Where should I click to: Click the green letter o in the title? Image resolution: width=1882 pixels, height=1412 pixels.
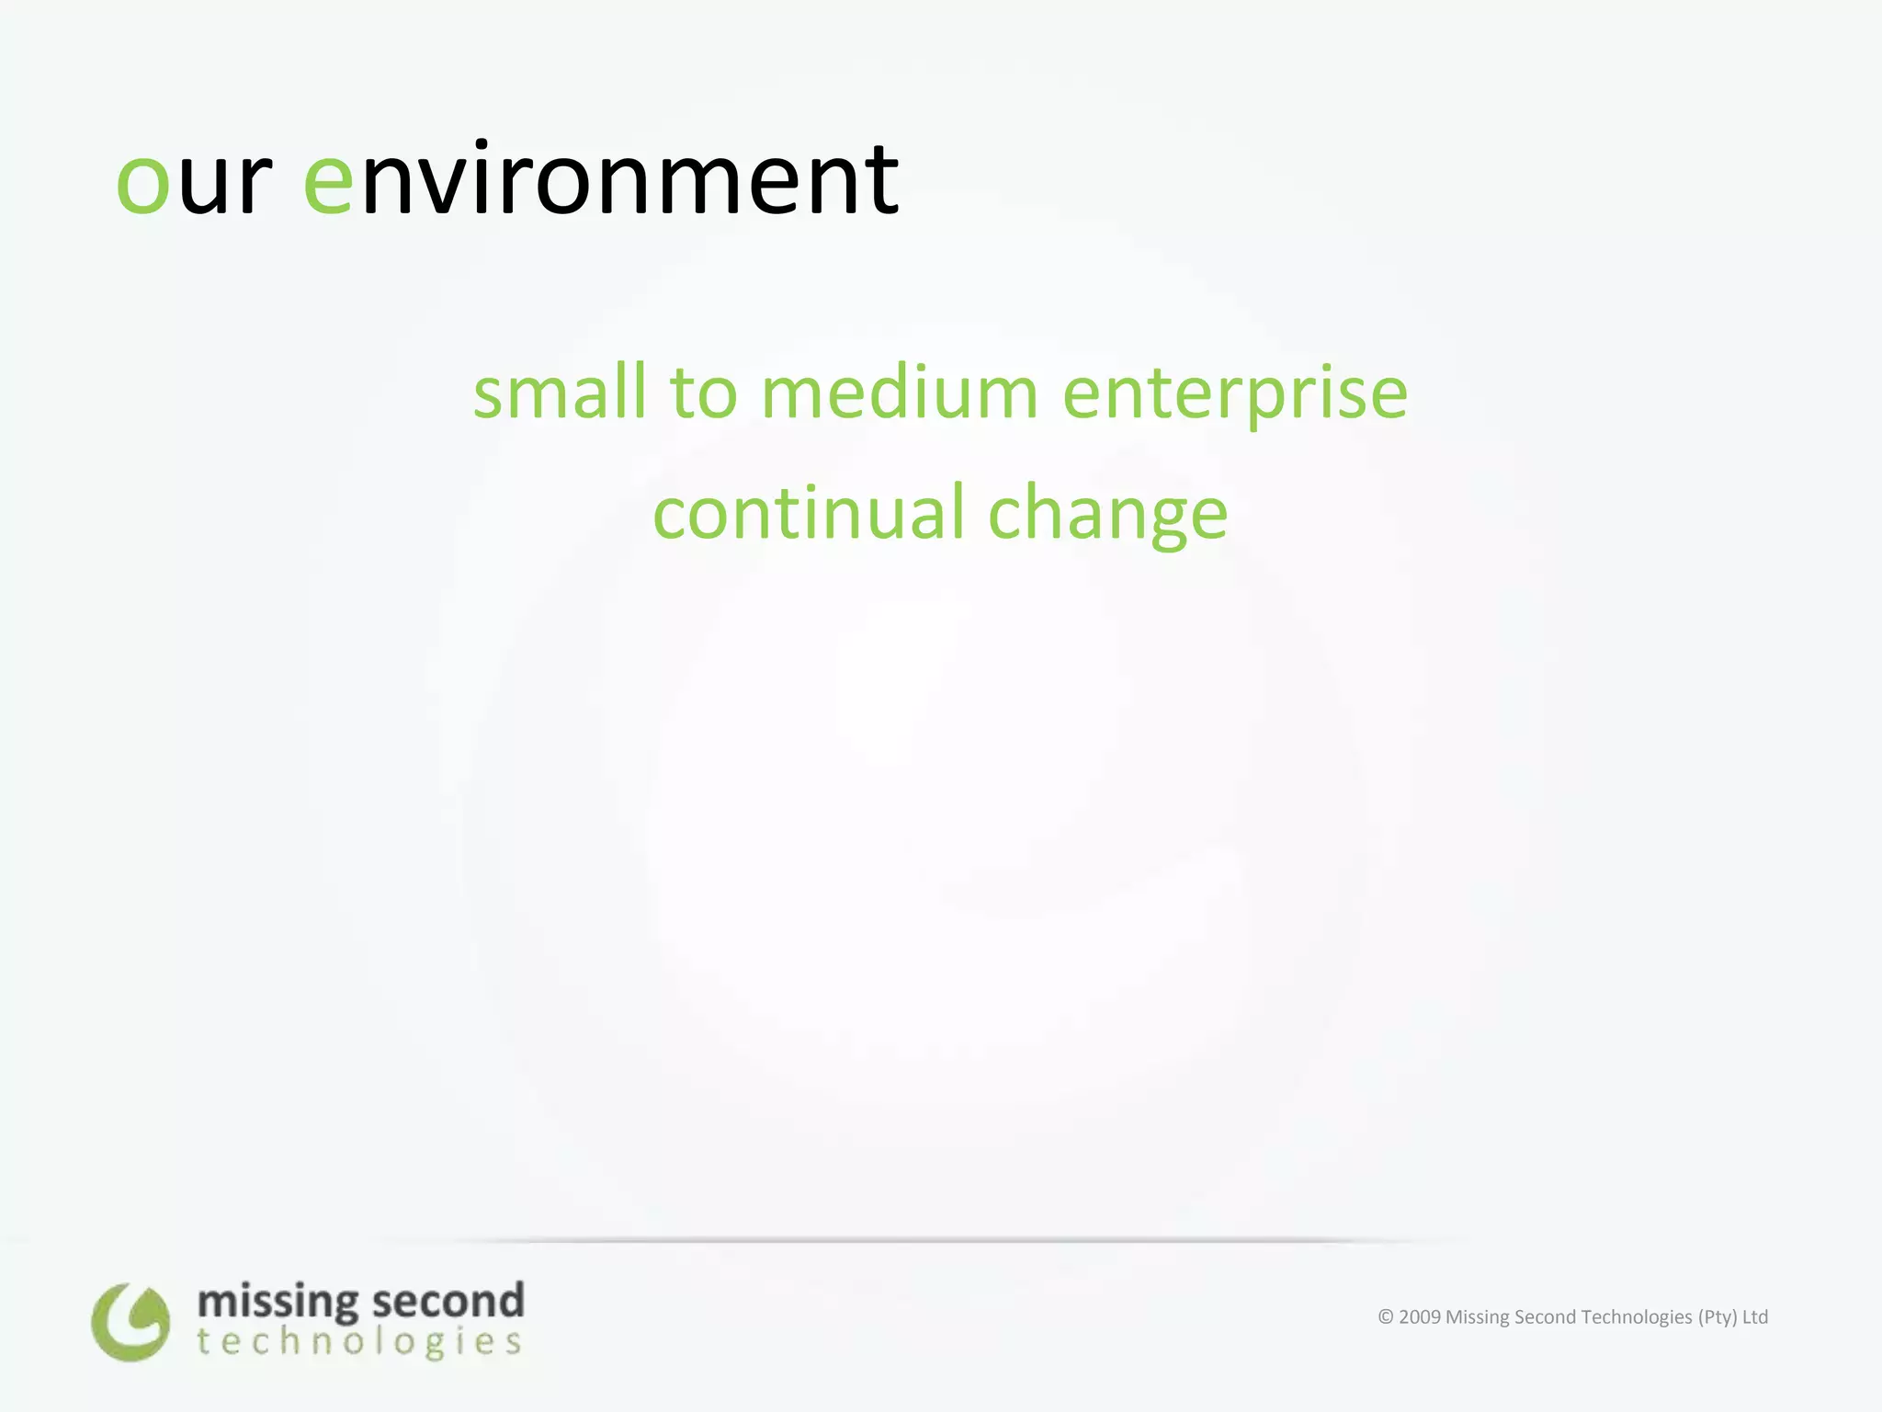(143, 183)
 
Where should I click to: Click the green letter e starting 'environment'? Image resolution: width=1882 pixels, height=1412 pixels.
(328, 183)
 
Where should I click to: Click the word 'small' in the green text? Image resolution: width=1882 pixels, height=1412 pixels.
(560, 393)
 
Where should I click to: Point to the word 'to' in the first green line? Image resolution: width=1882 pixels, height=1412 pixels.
(704, 393)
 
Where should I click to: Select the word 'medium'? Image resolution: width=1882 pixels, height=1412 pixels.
(900, 393)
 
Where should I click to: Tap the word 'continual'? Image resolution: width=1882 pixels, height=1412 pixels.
(808, 513)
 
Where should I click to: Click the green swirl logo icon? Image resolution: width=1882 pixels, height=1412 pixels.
(130, 1322)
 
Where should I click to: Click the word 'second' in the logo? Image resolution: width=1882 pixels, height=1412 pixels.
(448, 1302)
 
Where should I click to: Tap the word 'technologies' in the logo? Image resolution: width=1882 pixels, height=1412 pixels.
(359, 1342)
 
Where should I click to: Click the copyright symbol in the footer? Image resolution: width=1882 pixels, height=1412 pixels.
(1386, 1317)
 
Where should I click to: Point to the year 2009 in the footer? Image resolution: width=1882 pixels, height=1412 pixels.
(1420, 1317)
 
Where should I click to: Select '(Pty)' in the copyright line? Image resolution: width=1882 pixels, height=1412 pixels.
(1717, 1317)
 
